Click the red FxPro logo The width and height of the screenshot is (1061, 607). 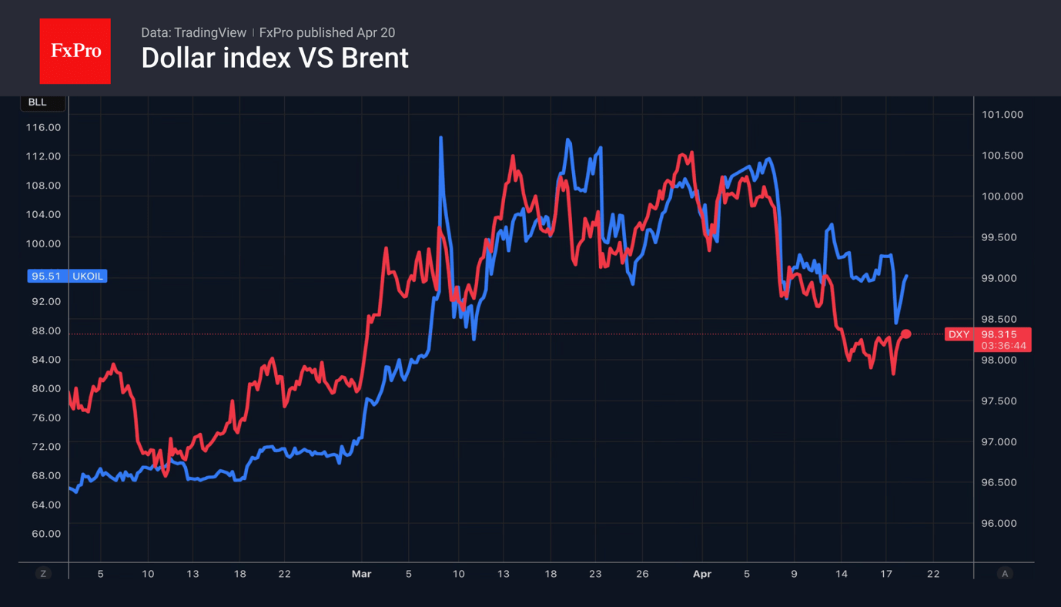click(75, 51)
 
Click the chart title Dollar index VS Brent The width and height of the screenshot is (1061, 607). click(275, 59)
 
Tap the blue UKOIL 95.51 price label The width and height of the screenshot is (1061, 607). click(67, 276)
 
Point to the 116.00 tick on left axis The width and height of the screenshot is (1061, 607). click(43, 127)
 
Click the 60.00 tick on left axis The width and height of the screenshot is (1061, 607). click(43, 534)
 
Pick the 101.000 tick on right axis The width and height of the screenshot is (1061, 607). click(1002, 115)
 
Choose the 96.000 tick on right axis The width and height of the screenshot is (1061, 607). click(1002, 523)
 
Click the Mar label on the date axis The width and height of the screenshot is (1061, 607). click(361, 574)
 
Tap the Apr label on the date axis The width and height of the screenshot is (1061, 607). click(701, 574)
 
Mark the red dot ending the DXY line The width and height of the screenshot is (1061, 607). click(906, 334)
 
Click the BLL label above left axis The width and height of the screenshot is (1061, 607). click(37, 102)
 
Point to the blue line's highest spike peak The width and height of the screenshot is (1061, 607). click(440, 138)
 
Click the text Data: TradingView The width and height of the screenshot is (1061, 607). click(193, 32)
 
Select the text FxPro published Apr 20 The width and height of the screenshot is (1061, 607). click(327, 32)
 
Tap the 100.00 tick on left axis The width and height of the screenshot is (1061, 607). click(43, 243)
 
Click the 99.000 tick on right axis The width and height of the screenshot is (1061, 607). click(1002, 278)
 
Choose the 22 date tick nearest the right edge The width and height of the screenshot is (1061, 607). click(933, 574)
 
